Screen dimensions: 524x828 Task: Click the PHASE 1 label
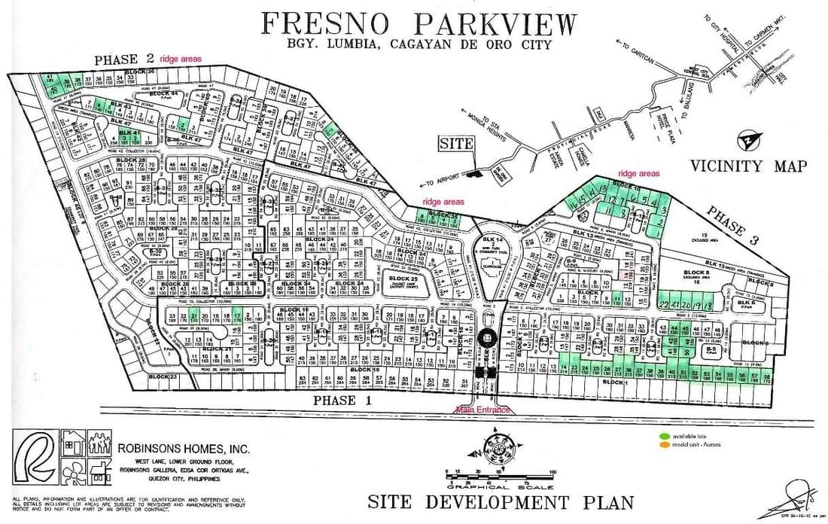pos(346,401)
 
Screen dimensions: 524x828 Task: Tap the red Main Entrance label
pos(482,410)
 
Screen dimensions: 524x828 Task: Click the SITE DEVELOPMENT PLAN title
pos(501,501)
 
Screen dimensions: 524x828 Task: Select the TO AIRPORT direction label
pos(440,181)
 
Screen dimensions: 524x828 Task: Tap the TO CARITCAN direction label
pos(635,55)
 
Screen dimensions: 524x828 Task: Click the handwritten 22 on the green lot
pos(664,304)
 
